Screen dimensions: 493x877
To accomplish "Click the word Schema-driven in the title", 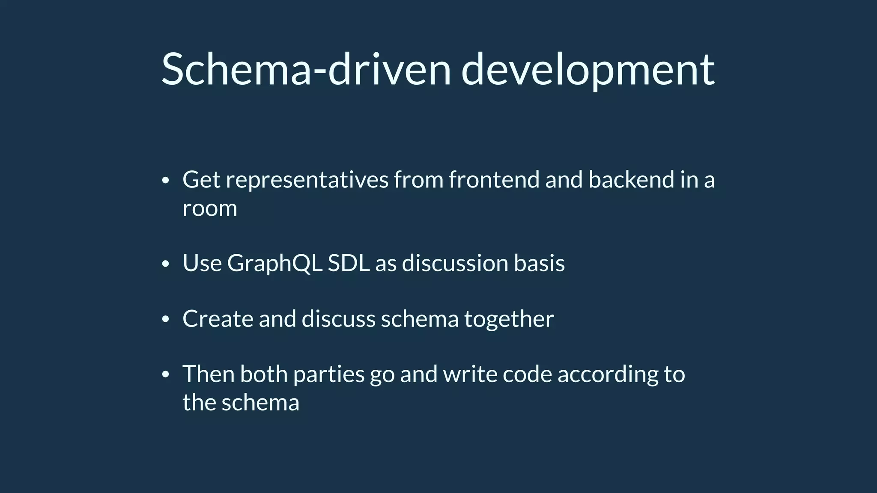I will pyautogui.click(x=306, y=69).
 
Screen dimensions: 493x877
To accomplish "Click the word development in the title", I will pyautogui.click(x=588, y=69).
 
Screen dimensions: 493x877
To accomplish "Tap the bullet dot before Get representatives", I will pyautogui.click(x=166, y=181).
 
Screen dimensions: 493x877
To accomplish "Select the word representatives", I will pyautogui.click(x=307, y=180).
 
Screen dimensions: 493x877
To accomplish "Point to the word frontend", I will pyautogui.click(x=494, y=180).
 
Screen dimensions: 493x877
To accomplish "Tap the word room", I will pyautogui.click(x=209, y=209).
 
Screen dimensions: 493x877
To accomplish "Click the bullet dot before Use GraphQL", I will pyautogui.click(x=166, y=264).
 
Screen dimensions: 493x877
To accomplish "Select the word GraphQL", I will pyautogui.click(x=274, y=263).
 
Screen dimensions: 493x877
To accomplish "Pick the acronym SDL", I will pyautogui.click(x=348, y=263).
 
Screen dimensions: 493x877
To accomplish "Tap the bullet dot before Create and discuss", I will pyautogui.click(x=166, y=320).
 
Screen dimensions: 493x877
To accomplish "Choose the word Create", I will pyautogui.click(x=218, y=319).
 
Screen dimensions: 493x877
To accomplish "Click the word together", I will pyautogui.click(x=509, y=319).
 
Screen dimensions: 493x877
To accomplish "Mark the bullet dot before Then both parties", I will pyautogui.click(x=166, y=375).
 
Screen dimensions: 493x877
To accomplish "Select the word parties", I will pyautogui.click(x=328, y=374).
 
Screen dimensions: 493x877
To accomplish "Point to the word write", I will pyautogui.click(x=470, y=374).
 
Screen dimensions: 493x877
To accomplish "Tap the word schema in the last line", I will pyautogui.click(x=260, y=403).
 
